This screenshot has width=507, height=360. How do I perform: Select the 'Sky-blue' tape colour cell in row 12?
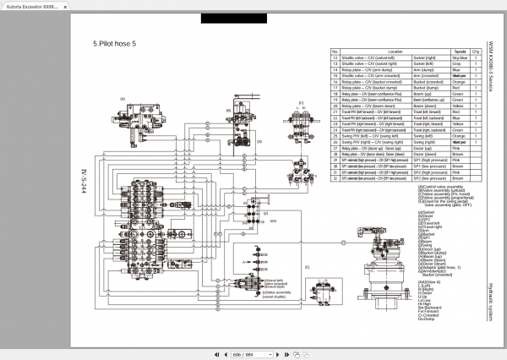[460, 57]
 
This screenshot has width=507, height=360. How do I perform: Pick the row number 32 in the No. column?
[335, 179]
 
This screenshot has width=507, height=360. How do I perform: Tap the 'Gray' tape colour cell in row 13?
[460, 64]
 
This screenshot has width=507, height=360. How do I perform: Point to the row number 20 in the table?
[335, 106]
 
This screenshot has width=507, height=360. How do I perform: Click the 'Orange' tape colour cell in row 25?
[460, 137]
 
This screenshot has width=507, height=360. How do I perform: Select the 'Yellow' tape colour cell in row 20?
[460, 106]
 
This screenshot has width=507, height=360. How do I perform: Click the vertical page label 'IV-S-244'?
[84, 182]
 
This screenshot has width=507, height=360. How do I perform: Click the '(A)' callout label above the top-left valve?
[123, 99]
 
